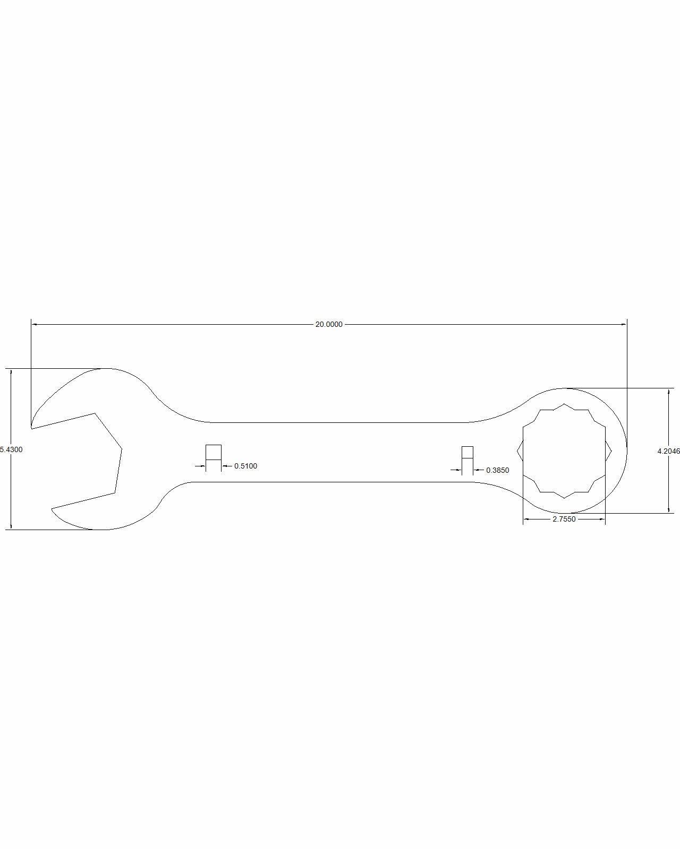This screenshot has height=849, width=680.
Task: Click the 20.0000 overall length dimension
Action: point(329,324)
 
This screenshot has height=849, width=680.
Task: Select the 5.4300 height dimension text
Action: point(11,449)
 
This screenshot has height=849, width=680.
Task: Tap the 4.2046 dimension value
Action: point(668,451)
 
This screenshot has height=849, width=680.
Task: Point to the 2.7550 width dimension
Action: point(564,519)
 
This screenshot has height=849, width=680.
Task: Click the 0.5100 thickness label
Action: point(245,466)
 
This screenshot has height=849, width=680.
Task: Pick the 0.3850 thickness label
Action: point(497,470)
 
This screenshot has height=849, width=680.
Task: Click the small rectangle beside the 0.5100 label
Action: point(213,452)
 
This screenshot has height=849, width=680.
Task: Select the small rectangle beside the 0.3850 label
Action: point(467,452)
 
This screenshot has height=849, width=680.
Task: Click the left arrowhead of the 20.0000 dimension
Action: point(35,324)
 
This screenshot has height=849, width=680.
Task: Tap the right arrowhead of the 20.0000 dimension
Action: point(624,324)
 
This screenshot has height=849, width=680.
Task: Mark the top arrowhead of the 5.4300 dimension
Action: point(11,372)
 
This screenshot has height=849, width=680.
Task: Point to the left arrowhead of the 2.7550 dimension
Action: point(526,519)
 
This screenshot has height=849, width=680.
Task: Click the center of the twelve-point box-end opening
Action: point(564,451)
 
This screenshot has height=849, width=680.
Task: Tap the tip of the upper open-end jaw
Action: point(31,428)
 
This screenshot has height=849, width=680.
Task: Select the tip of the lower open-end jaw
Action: point(52,509)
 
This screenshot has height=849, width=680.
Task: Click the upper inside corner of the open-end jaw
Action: point(95,413)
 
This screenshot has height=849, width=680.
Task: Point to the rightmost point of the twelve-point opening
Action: point(612,451)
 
